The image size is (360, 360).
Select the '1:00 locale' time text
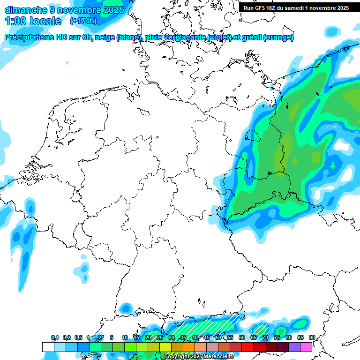(33, 21)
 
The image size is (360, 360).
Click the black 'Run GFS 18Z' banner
(296, 8)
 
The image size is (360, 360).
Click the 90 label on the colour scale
(312, 337)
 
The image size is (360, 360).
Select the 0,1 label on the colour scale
(55, 337)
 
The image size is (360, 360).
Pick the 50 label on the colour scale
(218, 337)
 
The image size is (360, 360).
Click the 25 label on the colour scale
(160, 337)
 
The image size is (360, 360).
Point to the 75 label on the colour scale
(277, 337)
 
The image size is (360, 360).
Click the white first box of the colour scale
(48, 347)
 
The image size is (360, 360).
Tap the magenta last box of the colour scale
(306, 347)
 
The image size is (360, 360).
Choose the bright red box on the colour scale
(247, 347)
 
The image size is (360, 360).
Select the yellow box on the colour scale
(165, 347)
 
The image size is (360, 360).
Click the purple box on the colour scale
(294, 347)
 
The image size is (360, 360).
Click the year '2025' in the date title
(112, 9)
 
